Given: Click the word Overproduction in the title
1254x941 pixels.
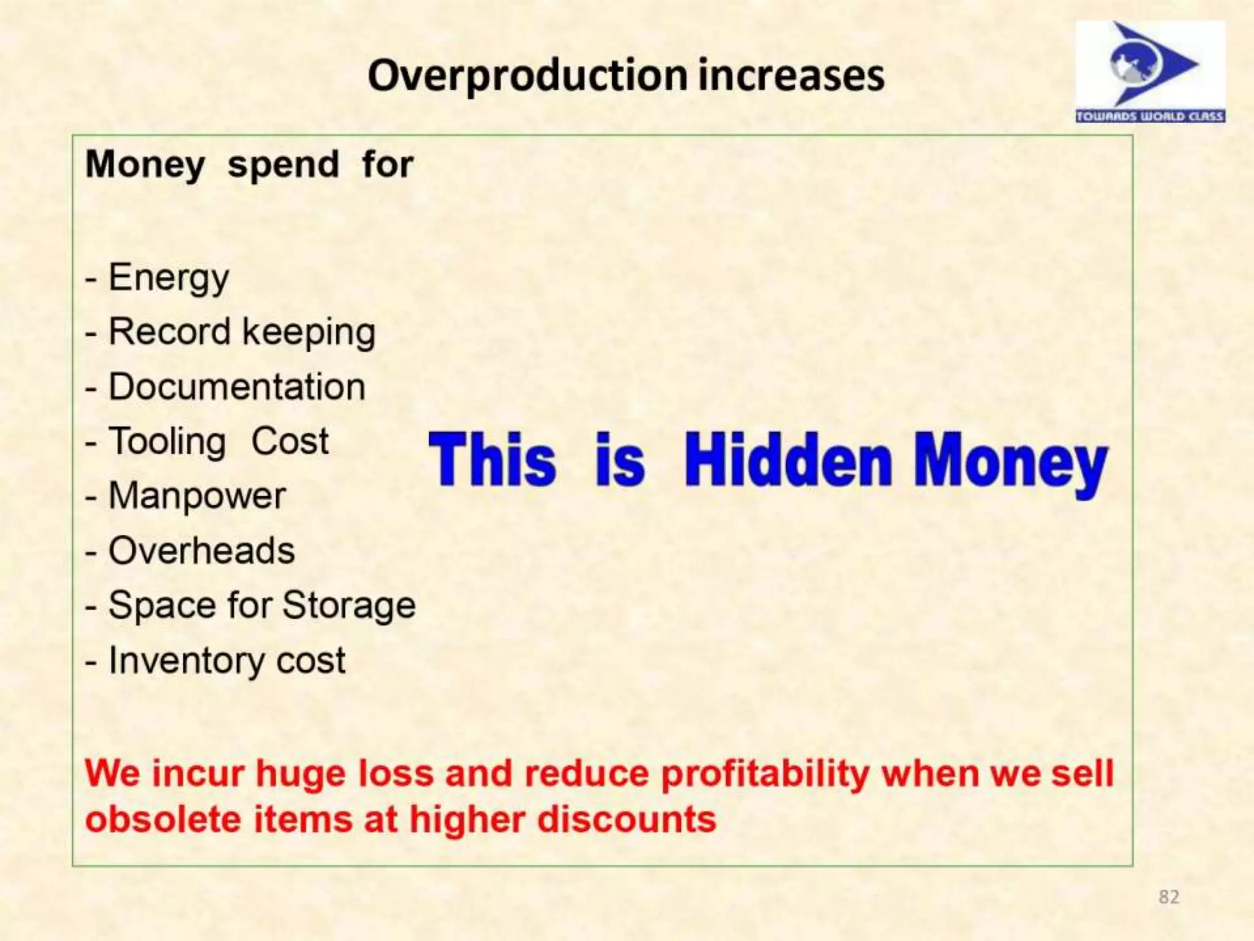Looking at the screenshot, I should (528, 76).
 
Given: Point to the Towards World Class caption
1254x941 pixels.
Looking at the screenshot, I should (1150, 116).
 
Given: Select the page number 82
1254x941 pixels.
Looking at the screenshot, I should (1168, 897).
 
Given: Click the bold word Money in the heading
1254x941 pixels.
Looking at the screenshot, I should (145, 165).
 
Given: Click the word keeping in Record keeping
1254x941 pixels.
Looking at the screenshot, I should (309, 333).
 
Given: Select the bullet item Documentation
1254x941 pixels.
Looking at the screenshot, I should (236, 387).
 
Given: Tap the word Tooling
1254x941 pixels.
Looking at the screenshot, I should (167, 442).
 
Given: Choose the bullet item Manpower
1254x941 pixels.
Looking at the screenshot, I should (197, 496).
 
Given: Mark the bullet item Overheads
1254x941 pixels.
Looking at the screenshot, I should (201, 550).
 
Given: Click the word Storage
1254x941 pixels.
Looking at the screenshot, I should (349, 606).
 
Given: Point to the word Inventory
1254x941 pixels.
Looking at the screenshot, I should (186, 660).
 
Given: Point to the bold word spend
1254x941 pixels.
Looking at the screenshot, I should (283, 165).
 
